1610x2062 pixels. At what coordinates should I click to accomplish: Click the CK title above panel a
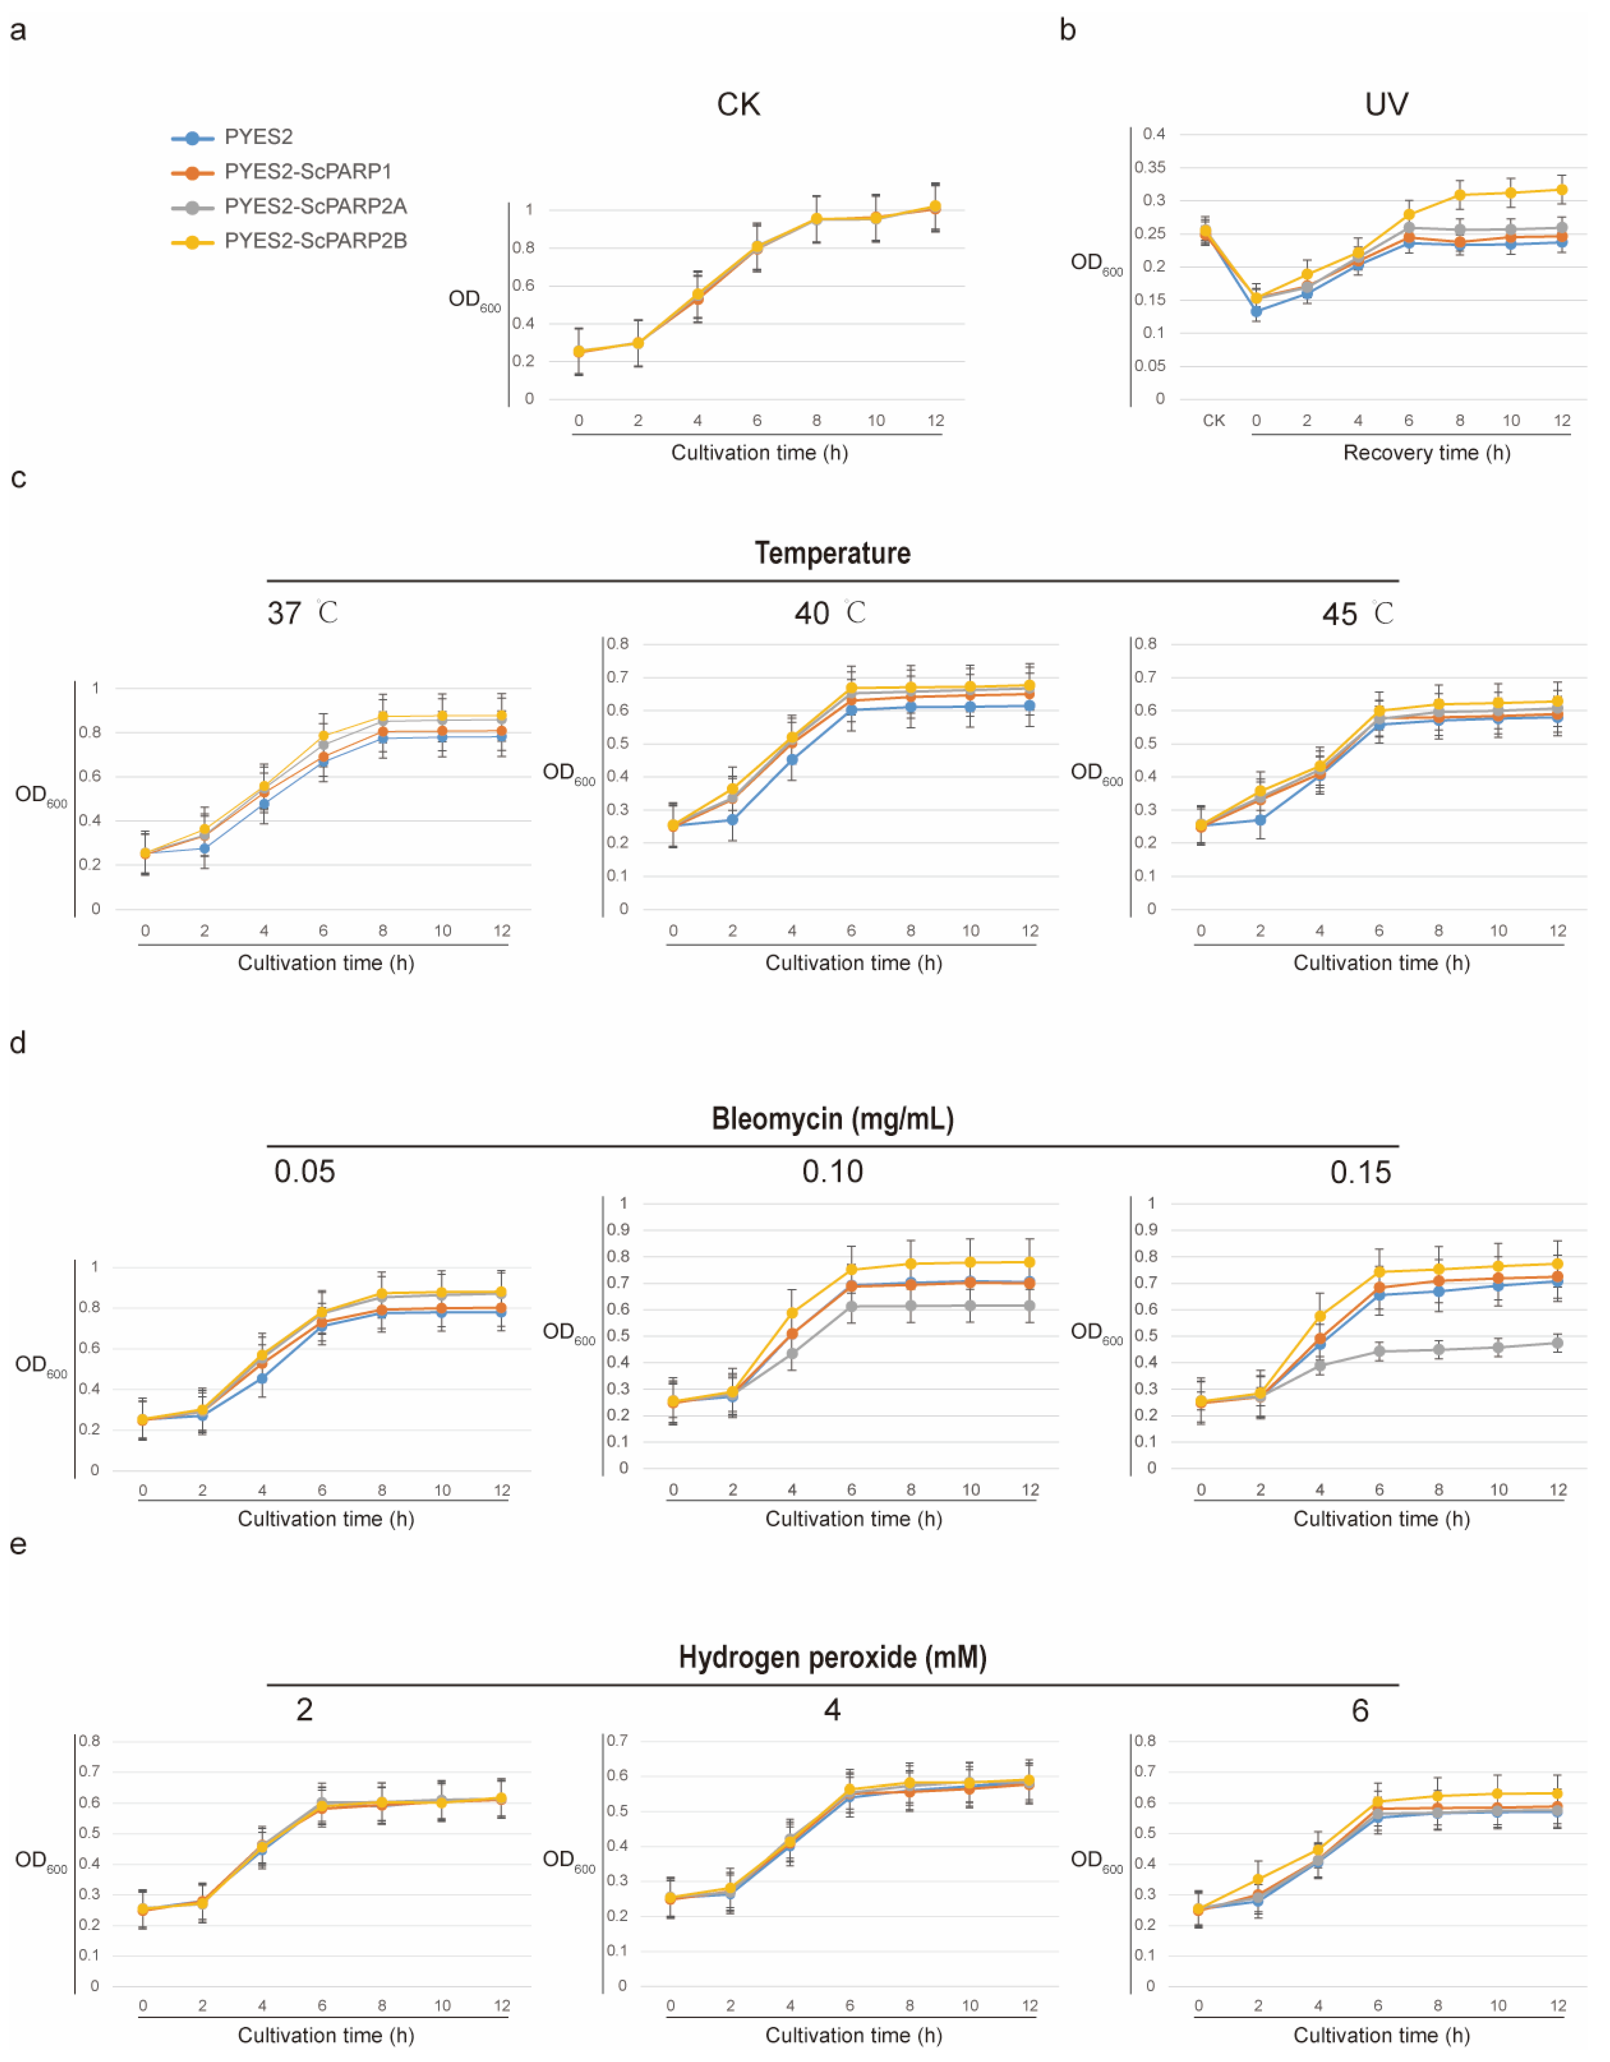coord(737,104)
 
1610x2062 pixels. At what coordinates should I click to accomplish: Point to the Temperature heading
coord(832,553)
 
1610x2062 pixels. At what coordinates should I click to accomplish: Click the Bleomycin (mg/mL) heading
coord(832,1119)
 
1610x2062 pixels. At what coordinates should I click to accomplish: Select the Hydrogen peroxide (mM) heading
coord(832,1657)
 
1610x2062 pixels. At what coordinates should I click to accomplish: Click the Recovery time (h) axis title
coord(1426,453)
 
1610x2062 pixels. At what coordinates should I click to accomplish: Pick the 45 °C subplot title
coord(1357,614)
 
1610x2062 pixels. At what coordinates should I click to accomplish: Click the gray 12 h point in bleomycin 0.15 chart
coord(1557,1342)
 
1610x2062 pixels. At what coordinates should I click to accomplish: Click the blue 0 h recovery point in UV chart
coord(1256,311)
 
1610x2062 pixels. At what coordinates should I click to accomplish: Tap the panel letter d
coord(17,1043)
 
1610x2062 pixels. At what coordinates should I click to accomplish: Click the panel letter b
coord(1067,30)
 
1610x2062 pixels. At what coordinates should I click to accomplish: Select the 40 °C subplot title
coord(829,614)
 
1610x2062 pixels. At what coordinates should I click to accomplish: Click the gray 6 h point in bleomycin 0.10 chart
coord(851,1306)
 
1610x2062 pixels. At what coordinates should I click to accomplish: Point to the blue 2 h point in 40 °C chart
coord(732,819)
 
